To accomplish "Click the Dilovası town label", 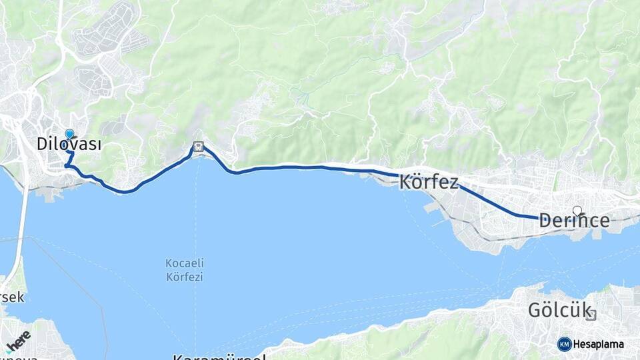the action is coord(69,144).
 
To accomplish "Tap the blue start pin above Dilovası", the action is coord(69,134).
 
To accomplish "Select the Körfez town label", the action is coord(429,183).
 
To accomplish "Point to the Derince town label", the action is coord(574,221).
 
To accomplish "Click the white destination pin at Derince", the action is coord(577,211).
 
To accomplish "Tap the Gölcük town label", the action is coord(551,311).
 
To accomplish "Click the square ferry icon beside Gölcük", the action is coord(591,314).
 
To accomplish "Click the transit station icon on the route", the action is coord(198,147).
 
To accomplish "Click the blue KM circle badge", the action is coord(564,344).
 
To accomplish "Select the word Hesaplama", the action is coord(598,345).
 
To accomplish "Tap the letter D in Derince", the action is coord(545,221).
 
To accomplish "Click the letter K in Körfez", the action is coord(406,183).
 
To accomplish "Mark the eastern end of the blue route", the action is coord(537,217).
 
